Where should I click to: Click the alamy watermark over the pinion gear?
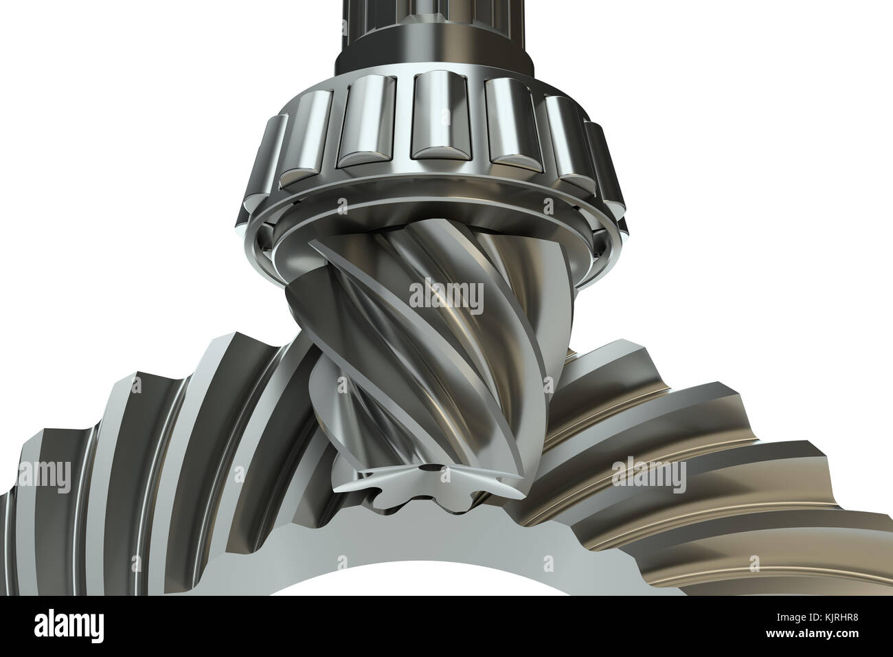click(446, 294)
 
